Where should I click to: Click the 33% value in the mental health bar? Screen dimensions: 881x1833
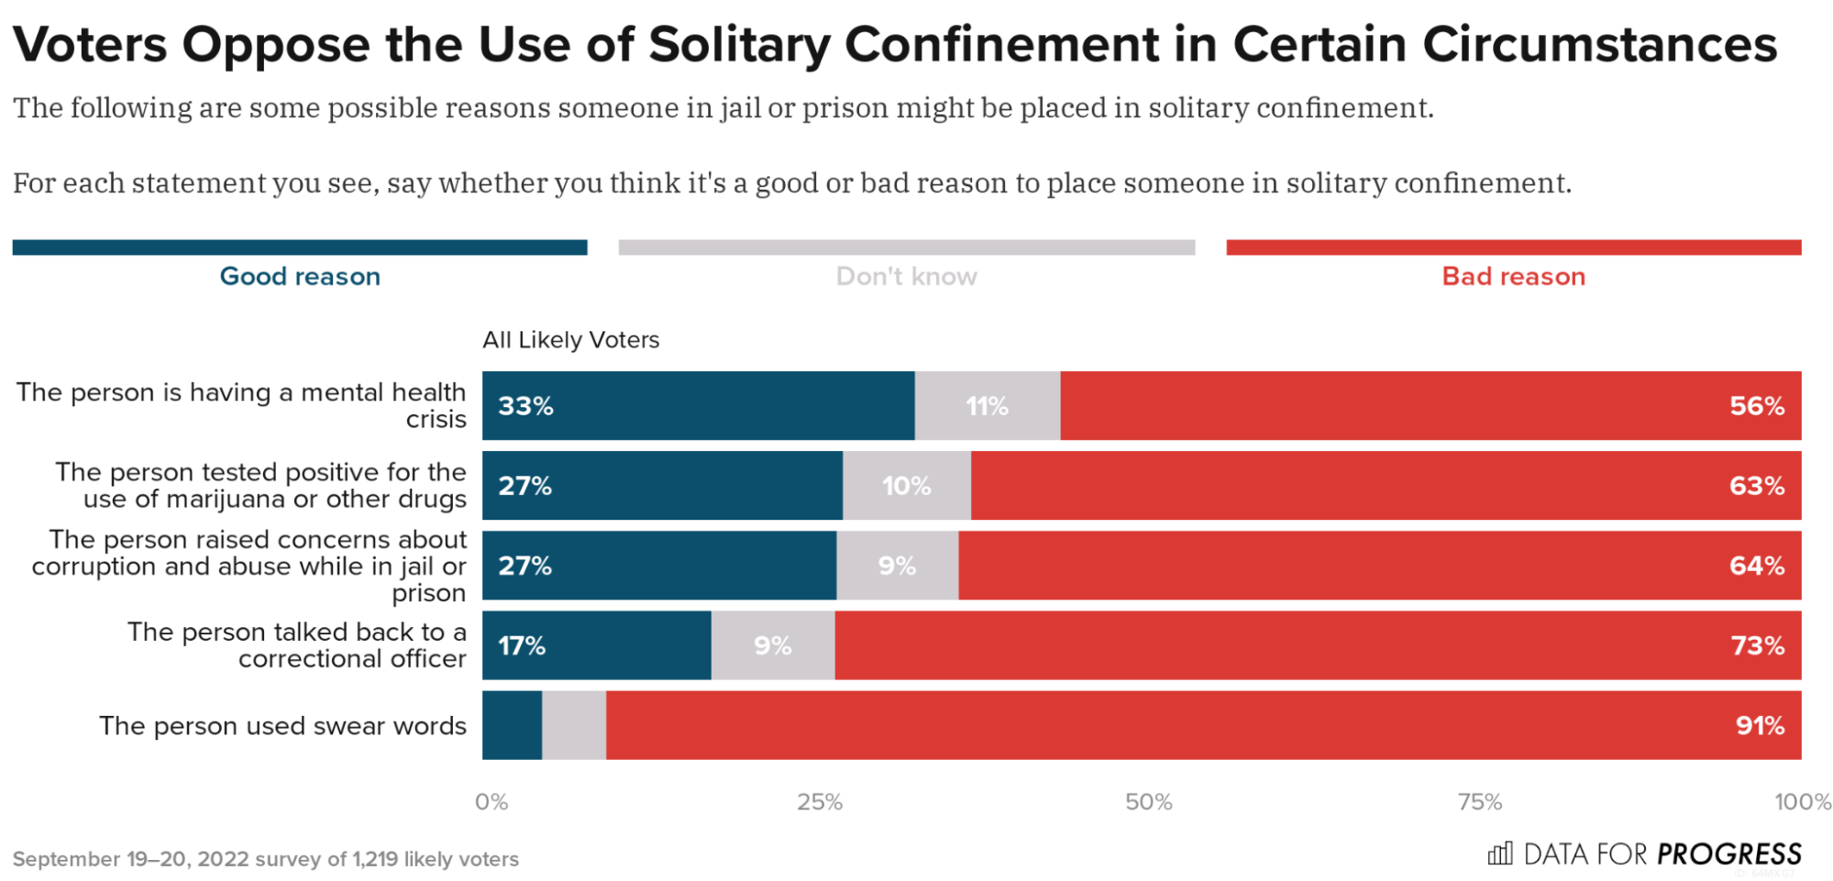[525, 406]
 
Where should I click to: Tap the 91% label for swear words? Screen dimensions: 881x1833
[1759, 726]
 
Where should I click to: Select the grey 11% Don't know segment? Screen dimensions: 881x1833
[987, 406]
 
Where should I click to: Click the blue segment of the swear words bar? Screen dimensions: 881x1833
[512, 726]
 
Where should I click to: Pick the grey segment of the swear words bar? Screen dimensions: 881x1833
[574, 726]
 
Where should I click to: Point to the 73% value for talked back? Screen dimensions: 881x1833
[1757, 646]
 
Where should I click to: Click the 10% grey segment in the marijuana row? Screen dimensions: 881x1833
[906, 486]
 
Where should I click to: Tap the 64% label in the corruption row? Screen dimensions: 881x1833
[1756, 566]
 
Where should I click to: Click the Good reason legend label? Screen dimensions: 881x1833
[300, 277]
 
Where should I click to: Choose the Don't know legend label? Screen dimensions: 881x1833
[906, 277]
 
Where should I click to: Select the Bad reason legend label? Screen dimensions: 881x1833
[1513, 277]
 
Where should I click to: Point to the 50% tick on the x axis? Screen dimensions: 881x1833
[1148, 802]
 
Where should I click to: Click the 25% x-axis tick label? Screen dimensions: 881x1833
[819, 802]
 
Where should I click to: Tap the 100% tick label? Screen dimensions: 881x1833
[1802, 802]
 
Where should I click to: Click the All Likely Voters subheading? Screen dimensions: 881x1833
[570, 340]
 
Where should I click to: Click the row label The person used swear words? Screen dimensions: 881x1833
[282, 726]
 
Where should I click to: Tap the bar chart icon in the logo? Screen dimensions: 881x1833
[1499, 854]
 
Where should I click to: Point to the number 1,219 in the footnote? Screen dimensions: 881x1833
[375, 860]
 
